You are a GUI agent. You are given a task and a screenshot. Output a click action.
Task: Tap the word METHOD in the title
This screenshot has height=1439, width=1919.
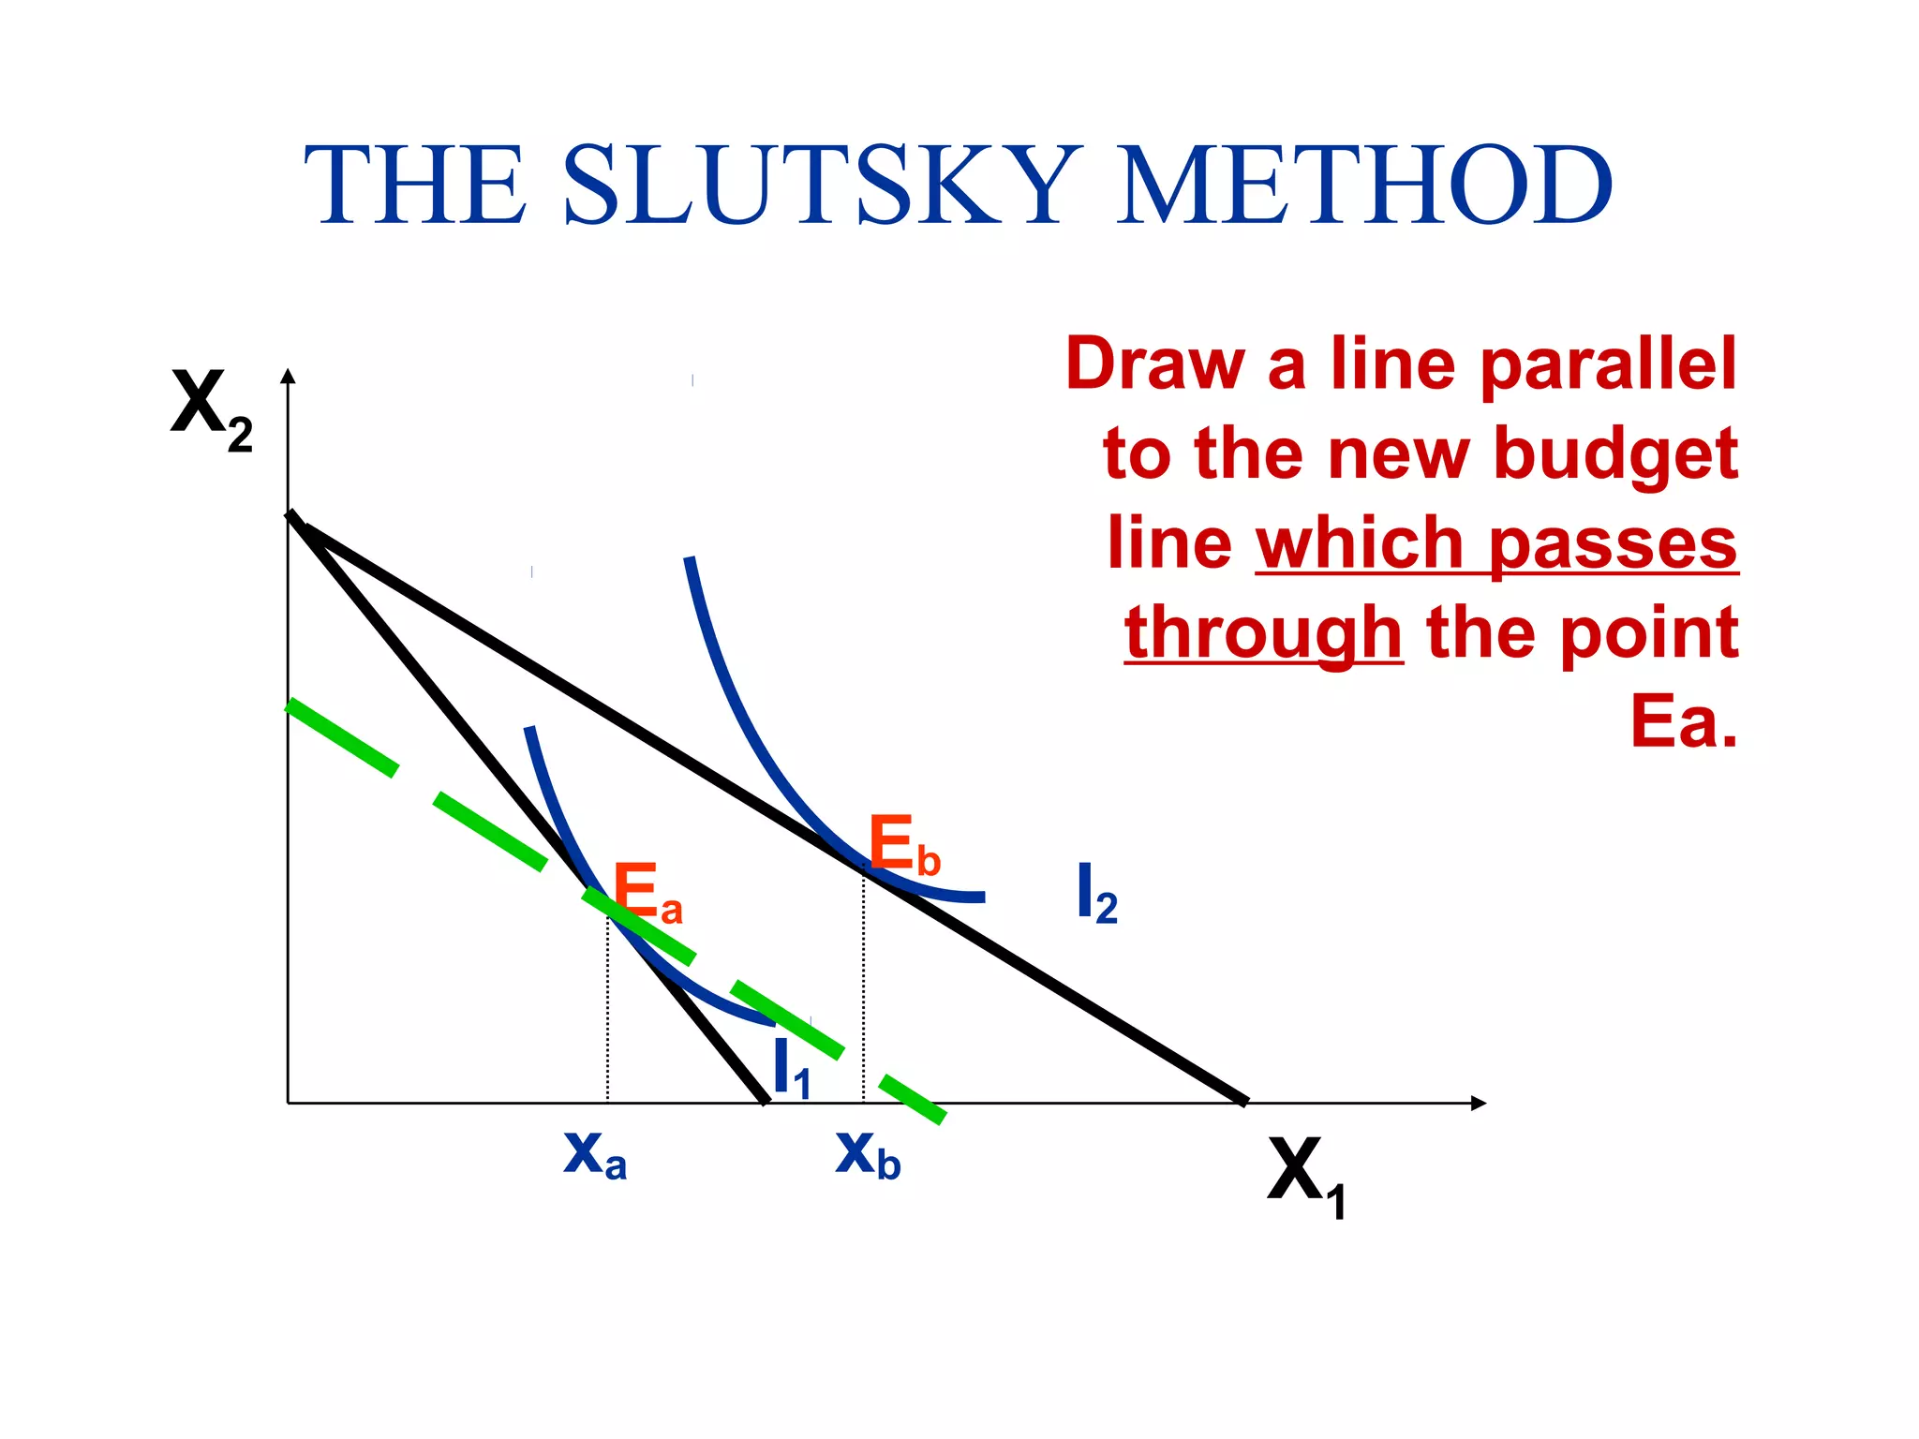[x=1364, y=185]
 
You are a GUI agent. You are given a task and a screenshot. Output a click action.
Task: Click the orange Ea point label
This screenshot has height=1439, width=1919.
[x=647, y=894]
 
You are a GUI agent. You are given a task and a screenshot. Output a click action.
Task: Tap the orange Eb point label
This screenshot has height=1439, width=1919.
[x=903, y=846]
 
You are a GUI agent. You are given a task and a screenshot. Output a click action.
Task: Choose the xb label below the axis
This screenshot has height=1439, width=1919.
[x=868, y=1154]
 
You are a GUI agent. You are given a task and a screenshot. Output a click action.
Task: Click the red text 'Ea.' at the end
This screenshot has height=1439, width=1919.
[x=1684, y=721]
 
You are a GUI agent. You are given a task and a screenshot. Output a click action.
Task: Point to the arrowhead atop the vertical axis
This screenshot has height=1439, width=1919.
[x=289, y=376]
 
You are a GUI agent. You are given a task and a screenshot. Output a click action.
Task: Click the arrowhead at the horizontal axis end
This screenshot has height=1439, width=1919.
[x=1479, y=1103]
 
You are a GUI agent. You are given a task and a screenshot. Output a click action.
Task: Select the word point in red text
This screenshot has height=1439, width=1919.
[x=1650, y=633]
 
